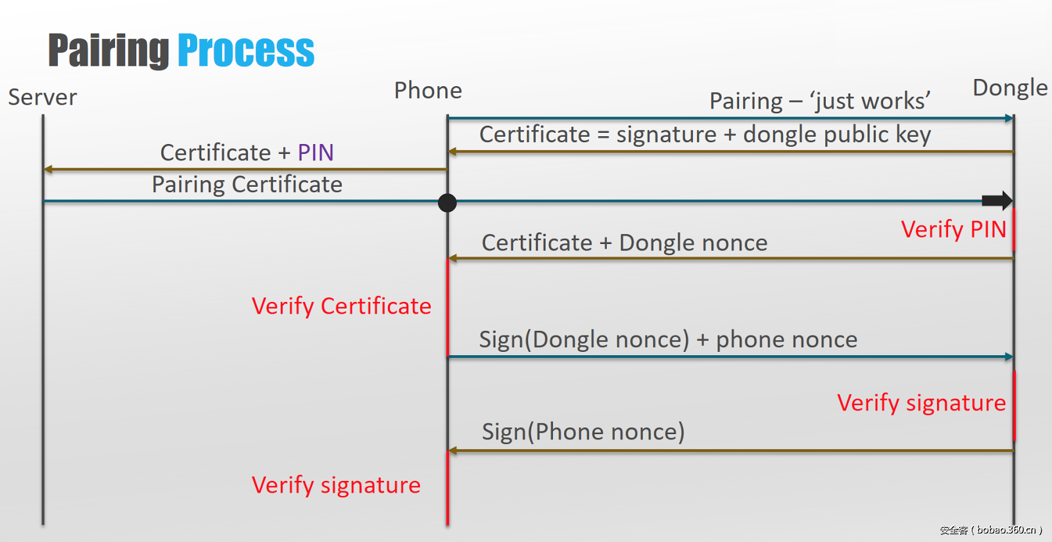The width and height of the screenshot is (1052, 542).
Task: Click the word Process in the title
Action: pyautogui.click(x=246, y=51)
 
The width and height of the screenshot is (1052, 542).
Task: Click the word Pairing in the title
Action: pyautogui.click(x=108, y=51)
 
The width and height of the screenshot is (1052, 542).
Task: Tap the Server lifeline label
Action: pyautogui.click(x=43, y=97)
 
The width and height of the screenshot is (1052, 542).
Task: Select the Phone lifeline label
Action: pyautogui.click(x=428, y=91)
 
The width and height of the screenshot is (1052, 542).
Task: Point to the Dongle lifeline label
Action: pyautogui.click(x=1010, y=88)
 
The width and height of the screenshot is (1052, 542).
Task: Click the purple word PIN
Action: pyautogui.click(x=316, y=153)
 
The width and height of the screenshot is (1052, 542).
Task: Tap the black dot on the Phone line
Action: pyautogui.click(x=447, y=203)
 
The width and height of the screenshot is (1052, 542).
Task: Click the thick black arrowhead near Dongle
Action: pyautogui.click(x=997, y=201)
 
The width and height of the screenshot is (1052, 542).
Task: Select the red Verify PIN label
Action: pyautogui.click(x=953, y=230)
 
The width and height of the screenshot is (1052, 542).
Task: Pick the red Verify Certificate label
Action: pyautogui.click(x=341, y=307)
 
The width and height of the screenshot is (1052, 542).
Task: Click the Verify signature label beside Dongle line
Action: pyautogui.click(x=921, y=403)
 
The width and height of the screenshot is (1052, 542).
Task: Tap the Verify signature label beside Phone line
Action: pyautogui.click(x=336, y=485)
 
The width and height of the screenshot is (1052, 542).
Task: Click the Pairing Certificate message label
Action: pyautogui.click(x=247, y=185)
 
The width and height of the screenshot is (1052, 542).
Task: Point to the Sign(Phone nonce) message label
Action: pyautogui.click(x=583, y=432)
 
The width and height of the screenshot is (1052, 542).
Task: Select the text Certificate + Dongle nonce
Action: pyautogui.click(x=625, y=243)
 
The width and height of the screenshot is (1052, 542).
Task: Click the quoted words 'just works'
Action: pyautogui.click(x=869, y=101)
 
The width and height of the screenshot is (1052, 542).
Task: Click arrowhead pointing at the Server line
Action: pyautogui.click(x=48, y=170)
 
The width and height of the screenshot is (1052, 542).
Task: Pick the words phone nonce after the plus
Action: pyautogui.click(x=786, y=340)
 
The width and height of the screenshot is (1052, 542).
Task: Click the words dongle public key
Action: pyautogui.click(x=837, y=135)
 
